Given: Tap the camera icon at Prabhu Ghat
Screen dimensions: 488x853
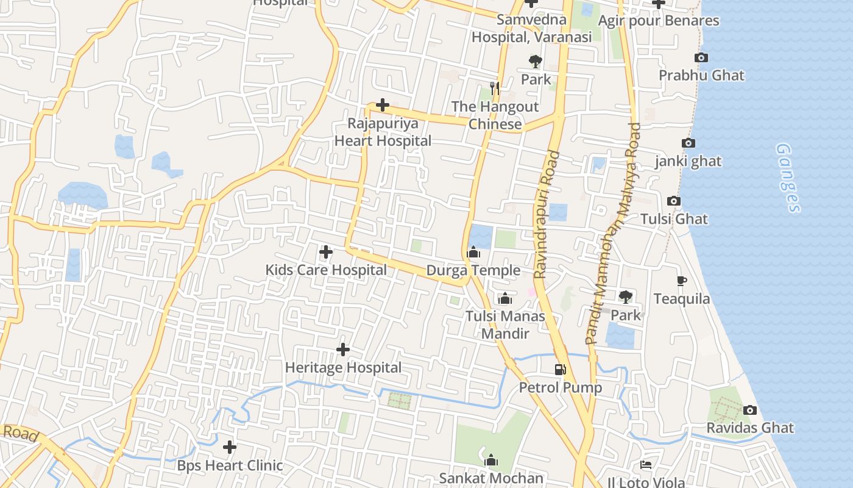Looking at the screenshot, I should click(x=701, y=58).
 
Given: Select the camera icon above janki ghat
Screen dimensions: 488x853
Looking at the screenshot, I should click(x=688, y=143).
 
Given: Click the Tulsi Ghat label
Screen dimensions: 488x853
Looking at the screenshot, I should click(x=674, y=219).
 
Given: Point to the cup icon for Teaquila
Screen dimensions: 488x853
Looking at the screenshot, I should click(x=682, y=281).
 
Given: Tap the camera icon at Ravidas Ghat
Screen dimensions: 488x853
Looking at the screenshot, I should click(x=750, y=410).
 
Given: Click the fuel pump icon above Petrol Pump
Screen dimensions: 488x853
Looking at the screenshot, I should click(x=560, y=369).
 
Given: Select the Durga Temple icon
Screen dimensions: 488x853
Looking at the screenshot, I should click(x=473, y=252).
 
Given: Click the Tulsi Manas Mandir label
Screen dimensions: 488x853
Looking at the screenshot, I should click(x=505, y=325).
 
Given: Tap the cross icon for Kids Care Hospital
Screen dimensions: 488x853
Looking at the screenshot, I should click(x=326, y=251).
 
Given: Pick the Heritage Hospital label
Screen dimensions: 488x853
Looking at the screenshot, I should click(x=343, y=368).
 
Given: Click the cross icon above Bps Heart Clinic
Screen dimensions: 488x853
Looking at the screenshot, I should click(x=230, y=447).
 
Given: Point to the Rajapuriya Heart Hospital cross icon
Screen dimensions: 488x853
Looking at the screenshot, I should click(x=383, y=105).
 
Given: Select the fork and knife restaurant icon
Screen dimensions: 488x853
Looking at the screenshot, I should click(x=495, y=88).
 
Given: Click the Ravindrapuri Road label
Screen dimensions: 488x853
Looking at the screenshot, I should click(x=547, y=215).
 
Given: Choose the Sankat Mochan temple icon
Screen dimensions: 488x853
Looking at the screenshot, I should click(x=491, y=460).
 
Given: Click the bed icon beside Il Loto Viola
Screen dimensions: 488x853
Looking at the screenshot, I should click(x=646, y=465).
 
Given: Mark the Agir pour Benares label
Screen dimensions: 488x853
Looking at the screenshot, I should click(x=659, y=21).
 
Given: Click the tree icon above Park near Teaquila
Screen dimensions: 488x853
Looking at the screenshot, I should click(x=626, y=297).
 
